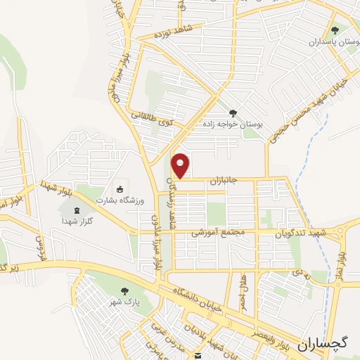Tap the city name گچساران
[x=323, y=344]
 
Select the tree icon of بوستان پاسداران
[x=335, y=31]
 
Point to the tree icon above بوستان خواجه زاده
[x=233, y=112]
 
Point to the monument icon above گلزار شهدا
[x=77, y=209]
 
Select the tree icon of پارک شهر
[x=125, y=291]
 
